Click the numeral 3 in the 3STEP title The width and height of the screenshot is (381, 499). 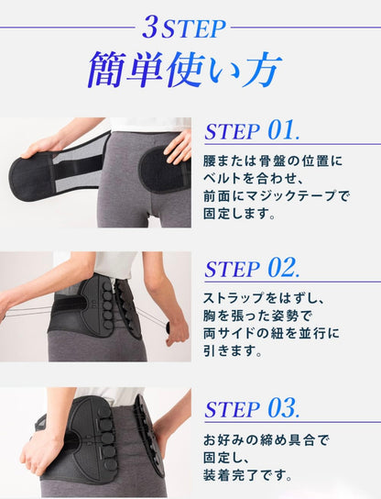pos(150,28)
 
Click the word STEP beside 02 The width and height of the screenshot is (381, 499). pos(232,270)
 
